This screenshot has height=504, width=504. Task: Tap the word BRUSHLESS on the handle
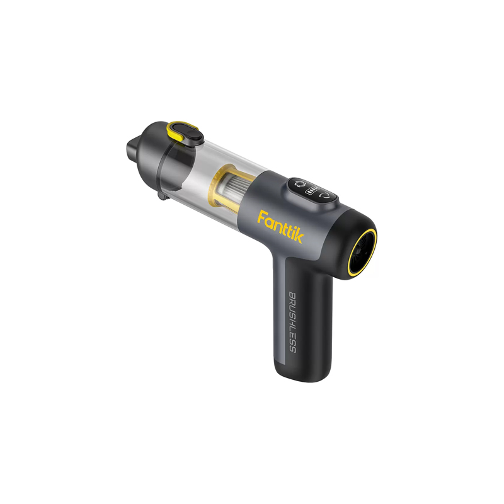[x=292, y=322]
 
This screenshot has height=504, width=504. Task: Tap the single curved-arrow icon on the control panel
[x=325, y=196]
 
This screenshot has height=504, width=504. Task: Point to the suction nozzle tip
[x=130, y=150]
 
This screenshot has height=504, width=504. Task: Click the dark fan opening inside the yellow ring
[x=364, y=251]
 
